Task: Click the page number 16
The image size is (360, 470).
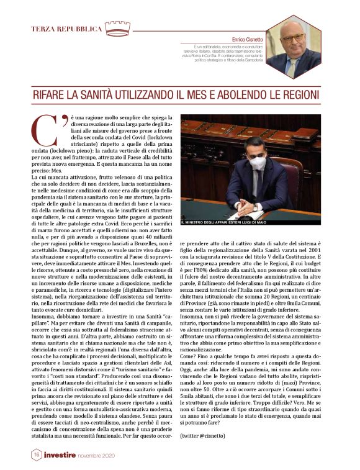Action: [x=37, y=455]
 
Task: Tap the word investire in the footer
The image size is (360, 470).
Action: [x=61, y=455]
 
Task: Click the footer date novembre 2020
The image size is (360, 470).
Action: [x=101, y=456]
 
